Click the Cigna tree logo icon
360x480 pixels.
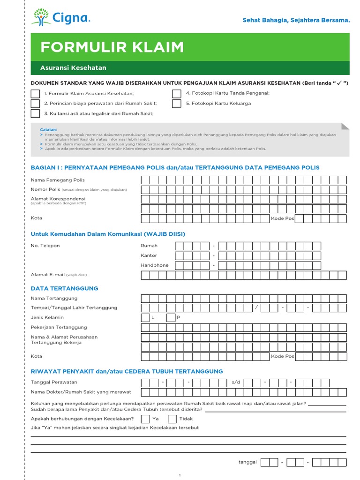(41, 17)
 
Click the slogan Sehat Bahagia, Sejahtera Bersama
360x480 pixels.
(296, 20)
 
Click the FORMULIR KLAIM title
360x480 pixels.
(112, 47)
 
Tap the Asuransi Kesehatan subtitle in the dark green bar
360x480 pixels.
(73, 68)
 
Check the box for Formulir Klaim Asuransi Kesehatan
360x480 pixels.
(35, 94)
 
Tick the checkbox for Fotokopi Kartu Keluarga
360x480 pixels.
(176, 104)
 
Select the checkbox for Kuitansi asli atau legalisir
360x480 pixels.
(35, 113)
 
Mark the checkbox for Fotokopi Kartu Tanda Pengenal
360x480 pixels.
(176, 93)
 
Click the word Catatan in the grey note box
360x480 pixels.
(48, 129)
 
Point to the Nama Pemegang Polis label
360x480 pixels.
(58, 180)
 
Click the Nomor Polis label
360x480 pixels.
(45, 189)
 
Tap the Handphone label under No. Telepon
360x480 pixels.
(154, 265)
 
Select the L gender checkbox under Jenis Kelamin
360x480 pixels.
(145, 317)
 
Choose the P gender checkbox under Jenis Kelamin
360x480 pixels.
(171, 317)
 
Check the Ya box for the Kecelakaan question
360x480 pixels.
(145, 419)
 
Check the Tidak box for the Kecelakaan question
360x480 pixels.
(172, 419)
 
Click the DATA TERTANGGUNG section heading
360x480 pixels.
(64, 288)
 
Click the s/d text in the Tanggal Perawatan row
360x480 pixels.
(236, 382)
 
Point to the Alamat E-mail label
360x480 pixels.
(47, 275)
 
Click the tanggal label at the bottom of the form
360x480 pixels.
(247, 462)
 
